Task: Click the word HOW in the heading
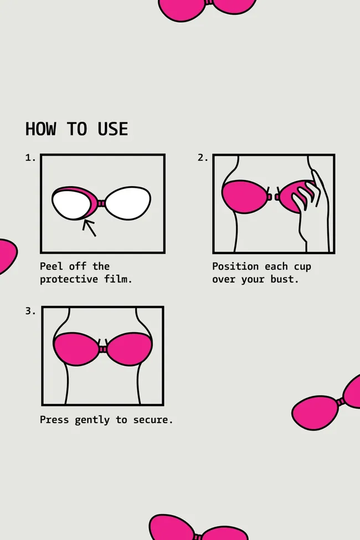pyautogui.click(x=40, y=129)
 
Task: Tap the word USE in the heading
pyautogui.click(x=112, y=129)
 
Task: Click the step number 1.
pyautogui.click(x=30, y=158)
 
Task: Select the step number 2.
pyautogui.click(x=203, y=158)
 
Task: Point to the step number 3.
pyautogui.click(x=30, y=311)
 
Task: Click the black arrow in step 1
pyautogui.click(x=89, y=228)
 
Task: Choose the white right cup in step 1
pyautogui.click(x=128, y=203)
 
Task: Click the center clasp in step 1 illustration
pyautogui.click(x=101, y=203)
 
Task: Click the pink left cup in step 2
pyautogui.click(x=244, y=196)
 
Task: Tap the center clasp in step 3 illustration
pyautogui.click(x=102, y=349)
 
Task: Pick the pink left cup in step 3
pyautogui.click(x=76, y=348)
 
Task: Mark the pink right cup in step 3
pyautogui.click(x=130, y=348)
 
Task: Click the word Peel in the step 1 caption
pyautogui.click(x=52, y=266)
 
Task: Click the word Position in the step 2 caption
pyautogui.click(x=235, y=266)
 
